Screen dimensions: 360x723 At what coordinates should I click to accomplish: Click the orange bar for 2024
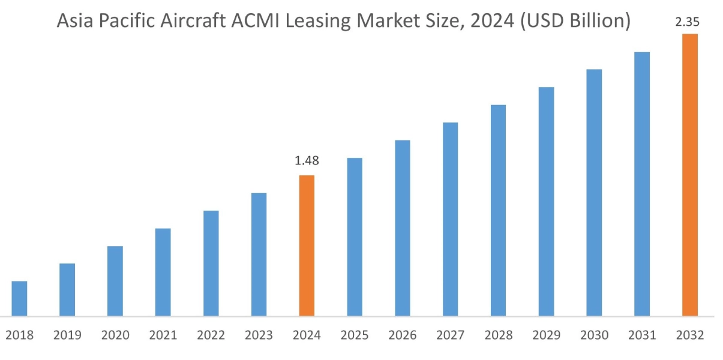coord(307,245)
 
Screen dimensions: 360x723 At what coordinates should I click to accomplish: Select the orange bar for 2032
coord(690,175)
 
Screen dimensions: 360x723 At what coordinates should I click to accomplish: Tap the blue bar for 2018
coord(19,298)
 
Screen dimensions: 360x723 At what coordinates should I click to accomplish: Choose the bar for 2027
coord(451,219)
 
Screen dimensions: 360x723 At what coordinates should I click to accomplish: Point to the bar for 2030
coord(594,193)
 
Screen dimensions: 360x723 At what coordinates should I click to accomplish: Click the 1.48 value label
coord(307,161)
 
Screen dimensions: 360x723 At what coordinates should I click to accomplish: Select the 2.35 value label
coord(687,22)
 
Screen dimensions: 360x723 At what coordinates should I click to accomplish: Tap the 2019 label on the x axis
coord(67,335)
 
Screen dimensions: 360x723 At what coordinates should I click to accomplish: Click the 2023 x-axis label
coord(259,335)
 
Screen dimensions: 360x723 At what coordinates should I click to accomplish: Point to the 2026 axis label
coord(403,335)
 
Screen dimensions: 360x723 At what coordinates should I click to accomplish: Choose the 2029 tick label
coord(546,335)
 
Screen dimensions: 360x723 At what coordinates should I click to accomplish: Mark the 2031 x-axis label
coord(642,335)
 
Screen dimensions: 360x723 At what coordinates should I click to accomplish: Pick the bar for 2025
coord(355,236)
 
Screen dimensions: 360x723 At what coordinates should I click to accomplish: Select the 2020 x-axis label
coord(115,335)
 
